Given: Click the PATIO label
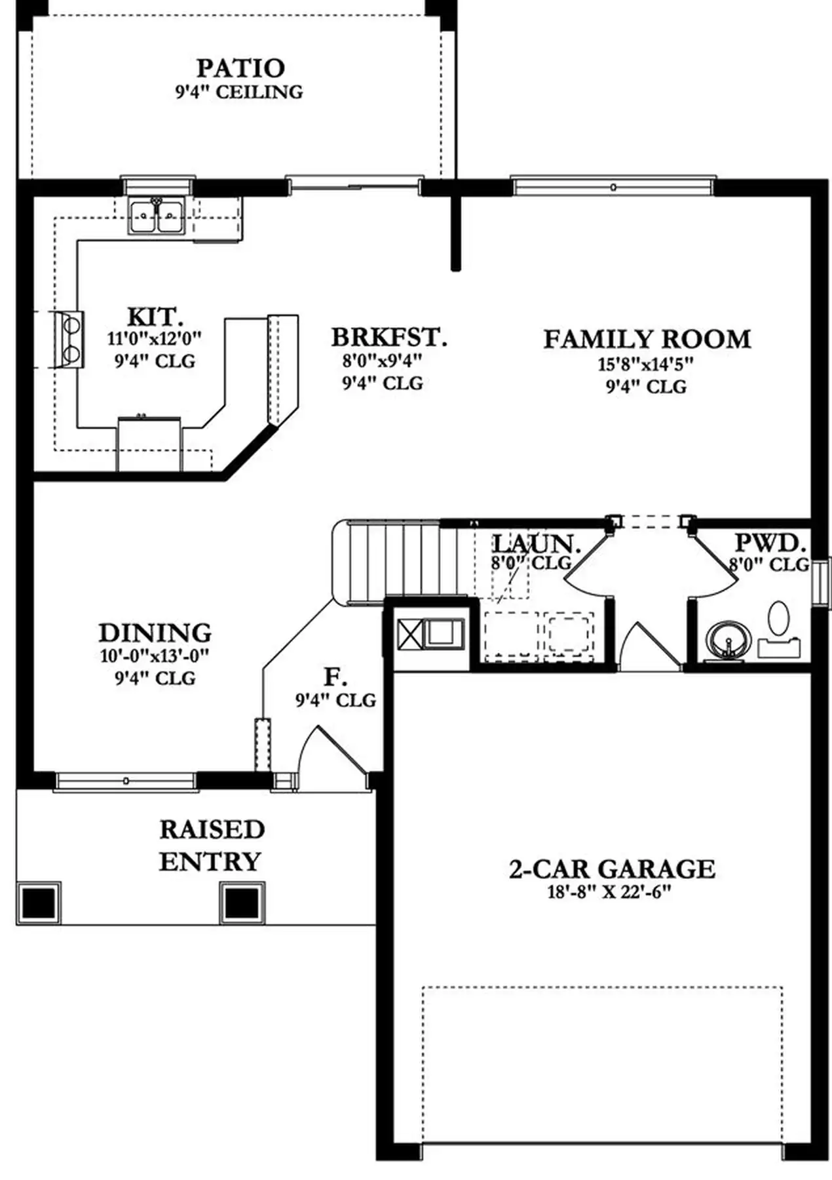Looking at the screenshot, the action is click(240, 68).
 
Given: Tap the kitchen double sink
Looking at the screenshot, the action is click(157, 216).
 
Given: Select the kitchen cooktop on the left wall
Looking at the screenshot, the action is click(69, 339).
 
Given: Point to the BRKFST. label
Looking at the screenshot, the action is click(389, 337).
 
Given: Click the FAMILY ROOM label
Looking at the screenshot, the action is click(647, 339).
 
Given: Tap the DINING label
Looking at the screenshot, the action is click(155, 633).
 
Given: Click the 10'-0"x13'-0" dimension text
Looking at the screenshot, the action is click(155, 656).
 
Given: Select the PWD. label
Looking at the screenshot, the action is click(770, 543).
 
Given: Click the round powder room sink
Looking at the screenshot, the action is click(727, 640).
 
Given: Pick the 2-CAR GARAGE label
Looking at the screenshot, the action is click(612, 869).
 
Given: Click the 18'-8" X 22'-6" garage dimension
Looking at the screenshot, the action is click(610, 892).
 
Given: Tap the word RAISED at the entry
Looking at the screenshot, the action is click(212, 829).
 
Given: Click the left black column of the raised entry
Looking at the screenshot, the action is click(39, 903).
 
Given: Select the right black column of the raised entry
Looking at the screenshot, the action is click(242, 903).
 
